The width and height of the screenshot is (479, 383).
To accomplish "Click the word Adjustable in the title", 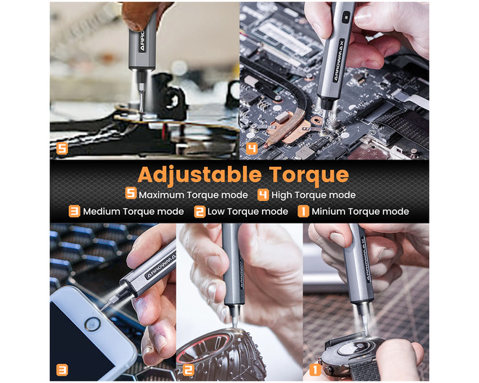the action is (x=200, y=176).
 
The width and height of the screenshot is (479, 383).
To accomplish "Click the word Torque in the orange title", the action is (x=309, y=176).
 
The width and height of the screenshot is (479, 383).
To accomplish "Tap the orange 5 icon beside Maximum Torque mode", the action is (x=131, y=194).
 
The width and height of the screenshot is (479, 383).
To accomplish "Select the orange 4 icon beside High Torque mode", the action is (x=263, y=195).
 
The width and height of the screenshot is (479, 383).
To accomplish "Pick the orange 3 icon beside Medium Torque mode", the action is (x=74, y=211).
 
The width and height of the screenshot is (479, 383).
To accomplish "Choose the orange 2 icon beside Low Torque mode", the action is (x=200, y=211).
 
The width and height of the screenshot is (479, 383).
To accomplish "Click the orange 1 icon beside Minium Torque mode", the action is (x=303, y=211).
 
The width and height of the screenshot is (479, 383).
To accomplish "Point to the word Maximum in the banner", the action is (x=161, y=195).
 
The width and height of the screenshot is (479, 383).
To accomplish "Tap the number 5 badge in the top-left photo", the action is (x=62, y=149).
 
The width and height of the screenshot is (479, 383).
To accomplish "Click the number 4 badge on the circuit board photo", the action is (x=252, y=149).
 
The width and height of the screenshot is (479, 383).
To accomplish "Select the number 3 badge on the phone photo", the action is (x=62, y=370).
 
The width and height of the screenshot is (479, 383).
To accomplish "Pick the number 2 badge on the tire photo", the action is (x=188, y=370).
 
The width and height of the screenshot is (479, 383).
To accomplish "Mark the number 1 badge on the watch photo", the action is (x=315, y=370).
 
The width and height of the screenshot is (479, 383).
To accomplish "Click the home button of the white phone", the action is (x=92, y=324).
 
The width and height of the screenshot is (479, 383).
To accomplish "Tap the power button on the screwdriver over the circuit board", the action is (x=346, y=17).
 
